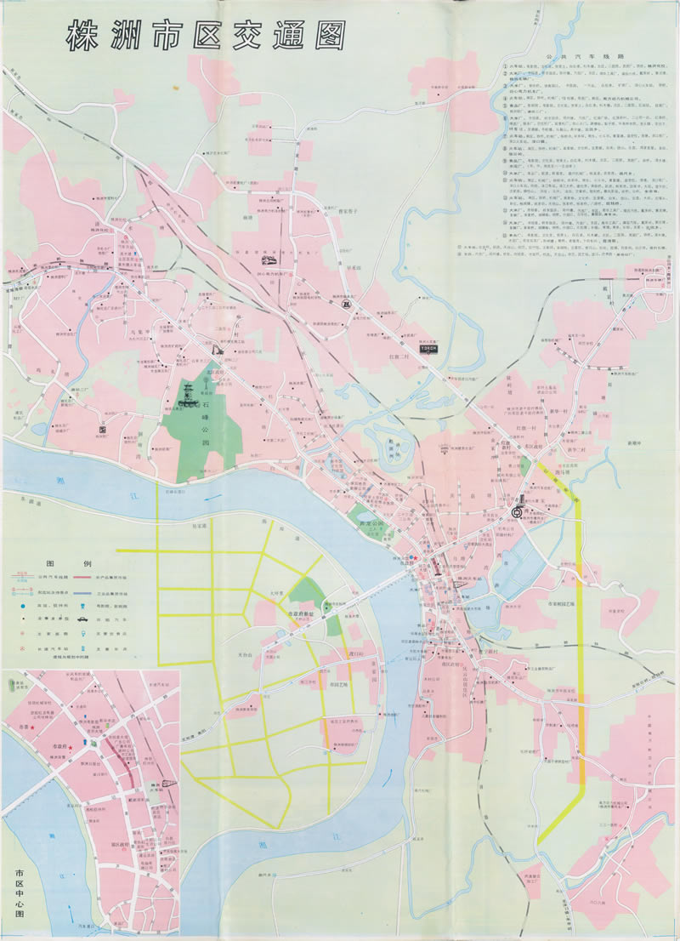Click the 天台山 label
[x=246, y=654]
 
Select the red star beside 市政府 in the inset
[x=72, y=748]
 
